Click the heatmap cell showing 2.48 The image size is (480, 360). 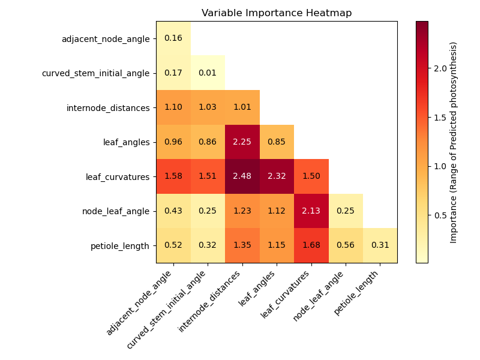tap(242, 176)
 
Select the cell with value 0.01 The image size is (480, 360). tap(208, 73)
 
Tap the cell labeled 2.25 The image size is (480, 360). tap(242, 142)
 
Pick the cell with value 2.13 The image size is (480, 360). tap(311, 211)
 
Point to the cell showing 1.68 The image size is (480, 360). tap(311, 245)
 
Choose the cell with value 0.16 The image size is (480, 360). tap(173, 38)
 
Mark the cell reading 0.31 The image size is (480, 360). tap(380, 245)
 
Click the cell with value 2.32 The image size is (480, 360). tap(277, 176)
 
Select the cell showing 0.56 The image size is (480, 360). tap(346, 245)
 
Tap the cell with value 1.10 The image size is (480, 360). tap(173, 107)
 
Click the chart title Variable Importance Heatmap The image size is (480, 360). tap(277, 13)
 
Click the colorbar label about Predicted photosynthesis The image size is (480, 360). tap(454, 142)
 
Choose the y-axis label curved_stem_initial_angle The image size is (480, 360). tap(95, 73)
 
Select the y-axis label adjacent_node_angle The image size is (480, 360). tap(106, 39)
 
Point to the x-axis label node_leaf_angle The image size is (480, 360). tap(319, 297)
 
